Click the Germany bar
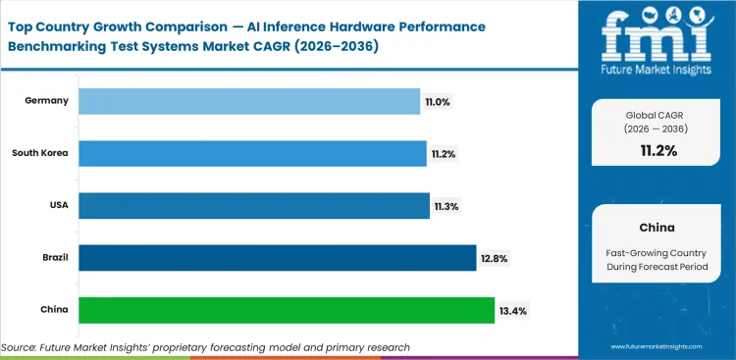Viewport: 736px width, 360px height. coord(248,100)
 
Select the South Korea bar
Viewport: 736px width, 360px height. coord(252,153)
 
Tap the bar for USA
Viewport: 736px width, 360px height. coord(254,205)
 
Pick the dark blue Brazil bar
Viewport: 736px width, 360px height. coord(277,257)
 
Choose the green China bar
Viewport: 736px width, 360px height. coord(286,310)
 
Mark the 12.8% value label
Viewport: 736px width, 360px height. coord(495,258)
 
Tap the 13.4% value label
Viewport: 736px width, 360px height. coord(513,310)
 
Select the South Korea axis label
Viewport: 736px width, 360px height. coord(40,153)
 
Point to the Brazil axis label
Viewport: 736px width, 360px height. coord(53,257)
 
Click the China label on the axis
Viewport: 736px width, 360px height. coord(54,310)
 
